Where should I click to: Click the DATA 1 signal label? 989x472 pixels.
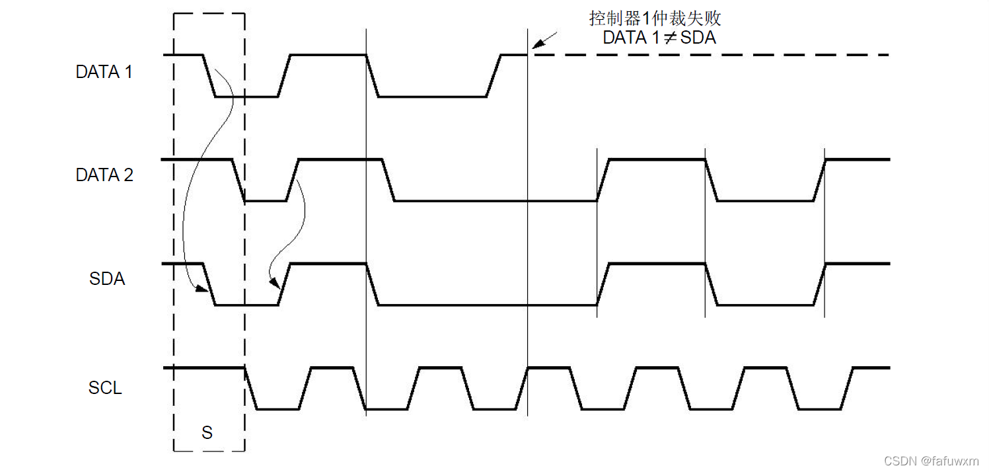pos(104,72)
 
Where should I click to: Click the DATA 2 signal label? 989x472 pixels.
pos(104,175)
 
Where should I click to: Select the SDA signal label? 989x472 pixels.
pos(107,279)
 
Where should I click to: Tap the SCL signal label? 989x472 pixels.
pos(105,388)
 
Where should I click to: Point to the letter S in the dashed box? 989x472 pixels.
pos(207,433)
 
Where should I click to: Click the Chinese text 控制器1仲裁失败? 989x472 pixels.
pos(655,18)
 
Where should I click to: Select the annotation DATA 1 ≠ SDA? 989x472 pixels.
pos(659,38)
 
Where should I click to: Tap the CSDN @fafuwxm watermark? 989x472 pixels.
pos(931,460)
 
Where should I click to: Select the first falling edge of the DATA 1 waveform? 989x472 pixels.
pos(209,75)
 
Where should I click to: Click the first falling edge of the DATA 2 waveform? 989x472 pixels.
pos(238,180)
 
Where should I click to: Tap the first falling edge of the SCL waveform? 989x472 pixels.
pos(250,389)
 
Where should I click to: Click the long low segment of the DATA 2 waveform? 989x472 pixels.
pos(495,200)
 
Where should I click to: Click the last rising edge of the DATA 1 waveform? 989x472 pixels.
pos(494,76)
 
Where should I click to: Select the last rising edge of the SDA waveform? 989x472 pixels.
pos(819,284)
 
